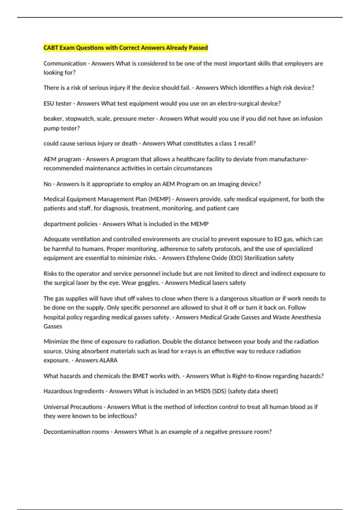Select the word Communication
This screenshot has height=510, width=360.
pos(65,63)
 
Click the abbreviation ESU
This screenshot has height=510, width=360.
pos(49,103)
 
